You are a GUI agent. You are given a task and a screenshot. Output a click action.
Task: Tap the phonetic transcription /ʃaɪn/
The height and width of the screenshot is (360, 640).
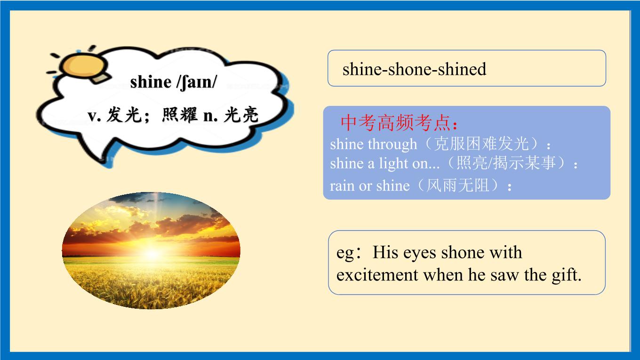[x=197, y=82]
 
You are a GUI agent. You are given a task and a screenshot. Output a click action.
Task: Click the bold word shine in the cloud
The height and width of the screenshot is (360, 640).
[x=151, y=82]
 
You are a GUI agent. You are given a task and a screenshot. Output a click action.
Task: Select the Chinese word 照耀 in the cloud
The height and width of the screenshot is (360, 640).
[x=180, y=115]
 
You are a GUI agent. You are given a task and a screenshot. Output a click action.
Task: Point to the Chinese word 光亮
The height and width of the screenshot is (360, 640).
[x=241, y=115]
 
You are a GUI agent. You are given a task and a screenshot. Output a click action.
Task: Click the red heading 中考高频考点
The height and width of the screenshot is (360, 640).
[x=395, y=123]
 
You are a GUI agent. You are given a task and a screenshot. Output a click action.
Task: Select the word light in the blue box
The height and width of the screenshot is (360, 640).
[x=394, y=164]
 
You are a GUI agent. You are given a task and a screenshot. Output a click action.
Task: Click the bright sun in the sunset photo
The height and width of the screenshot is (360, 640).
[x=152, y=253]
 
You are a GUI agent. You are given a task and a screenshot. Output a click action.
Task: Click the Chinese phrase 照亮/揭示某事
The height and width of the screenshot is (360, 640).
[x=506, y=163]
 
